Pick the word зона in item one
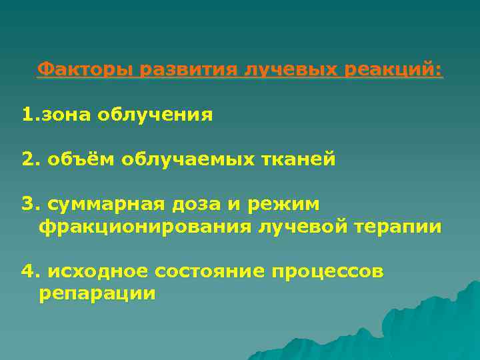click(x=65, y=115)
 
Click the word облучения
click(x=155, y=115)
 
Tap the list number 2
click(x=27, y=160)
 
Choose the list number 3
click(x=27, y=203)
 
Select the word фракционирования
click(x=144, y=227)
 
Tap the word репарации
click(x=97, y=294)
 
